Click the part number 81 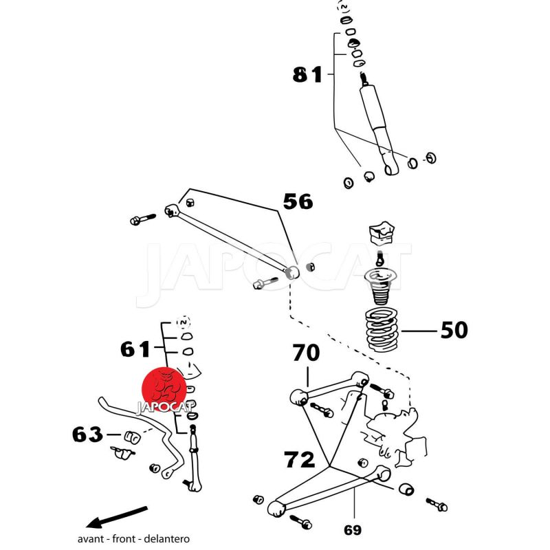307,74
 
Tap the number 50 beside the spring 454,331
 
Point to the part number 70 306,354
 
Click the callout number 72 300,459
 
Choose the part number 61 135,350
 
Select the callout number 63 87,434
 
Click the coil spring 380,331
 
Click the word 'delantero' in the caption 169,539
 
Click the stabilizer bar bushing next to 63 131,437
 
